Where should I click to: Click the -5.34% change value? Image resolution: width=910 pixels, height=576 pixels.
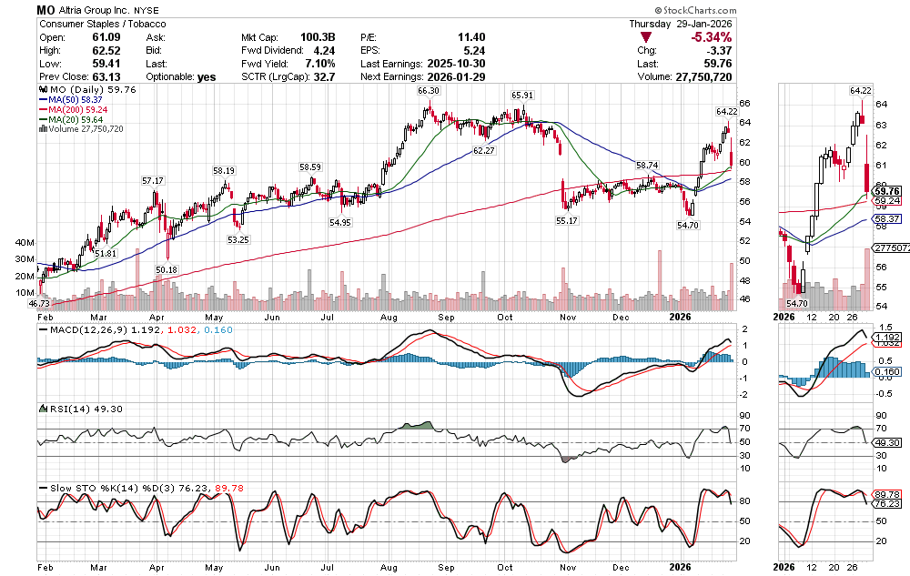(711, 37)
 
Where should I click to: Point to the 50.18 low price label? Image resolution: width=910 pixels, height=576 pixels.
(167, 269)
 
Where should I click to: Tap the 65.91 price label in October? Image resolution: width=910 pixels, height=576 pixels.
(522, 95)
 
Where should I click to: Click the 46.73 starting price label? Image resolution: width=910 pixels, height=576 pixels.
(38, 302)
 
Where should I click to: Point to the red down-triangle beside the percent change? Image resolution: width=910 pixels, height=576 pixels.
(645, 37)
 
